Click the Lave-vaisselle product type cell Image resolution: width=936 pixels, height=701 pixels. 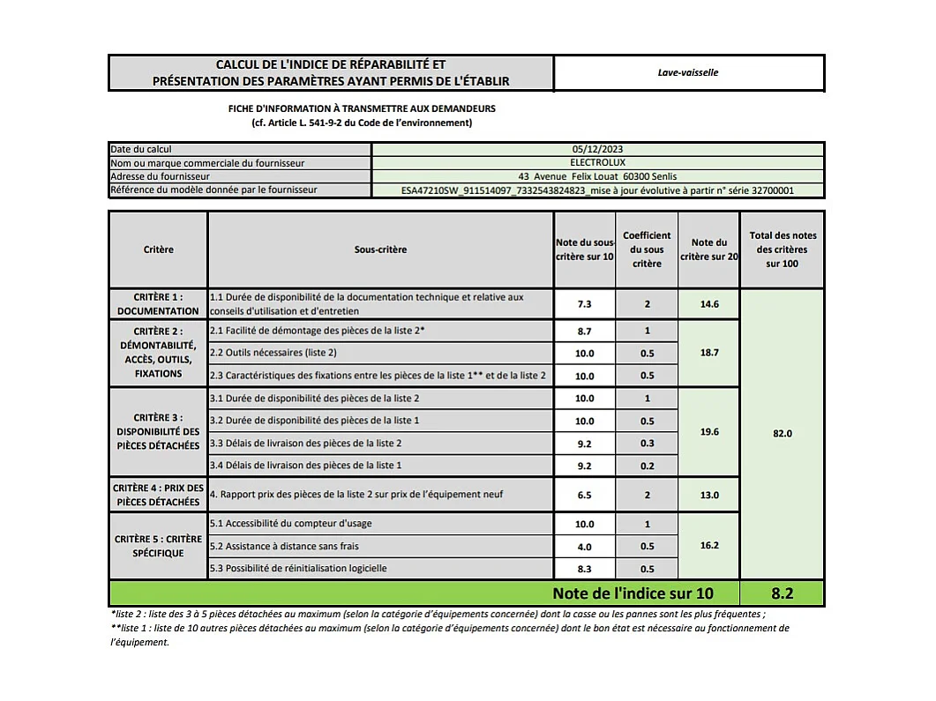(688, 72)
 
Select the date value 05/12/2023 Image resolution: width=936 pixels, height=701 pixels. (597, 150)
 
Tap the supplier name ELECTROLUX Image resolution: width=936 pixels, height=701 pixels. (597, 163)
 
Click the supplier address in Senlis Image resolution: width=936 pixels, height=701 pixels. (598, 176)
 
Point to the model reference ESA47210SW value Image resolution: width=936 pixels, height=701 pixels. (597, 190)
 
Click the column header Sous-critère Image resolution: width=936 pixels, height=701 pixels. (380, 250)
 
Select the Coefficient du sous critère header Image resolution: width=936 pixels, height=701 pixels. (647, 250)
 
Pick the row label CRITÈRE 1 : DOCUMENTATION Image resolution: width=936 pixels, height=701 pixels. (158, 304)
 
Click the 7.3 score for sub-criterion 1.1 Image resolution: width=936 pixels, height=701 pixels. (584, 304)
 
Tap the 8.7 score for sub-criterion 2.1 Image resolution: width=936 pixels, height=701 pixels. (584, 331)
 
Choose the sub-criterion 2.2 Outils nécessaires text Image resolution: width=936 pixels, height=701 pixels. (273, 353)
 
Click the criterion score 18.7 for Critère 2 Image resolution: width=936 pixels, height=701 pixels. (708, 353)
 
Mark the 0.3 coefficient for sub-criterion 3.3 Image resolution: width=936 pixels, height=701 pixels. (647, 444)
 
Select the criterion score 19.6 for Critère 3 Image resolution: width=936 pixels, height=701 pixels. (708, 432)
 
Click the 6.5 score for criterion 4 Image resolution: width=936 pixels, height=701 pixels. (584, 496)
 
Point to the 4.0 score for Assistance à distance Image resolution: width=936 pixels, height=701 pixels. (584, 547)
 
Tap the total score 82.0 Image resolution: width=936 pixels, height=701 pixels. (782, 434)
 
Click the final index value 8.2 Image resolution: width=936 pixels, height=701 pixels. (782, 593)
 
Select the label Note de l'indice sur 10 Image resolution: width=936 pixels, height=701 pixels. (633, 593)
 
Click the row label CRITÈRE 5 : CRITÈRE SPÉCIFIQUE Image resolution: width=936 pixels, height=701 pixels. (158, 546)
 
